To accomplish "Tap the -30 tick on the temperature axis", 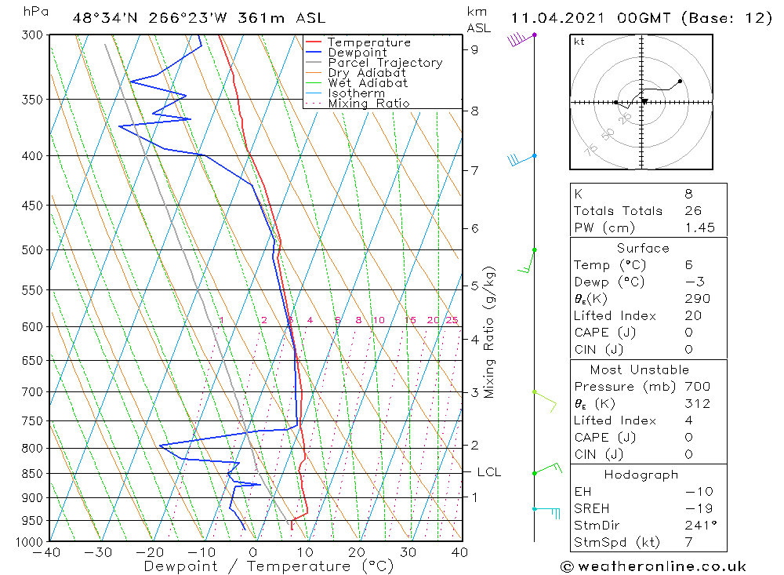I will pyautogui.click(x=100, y=552).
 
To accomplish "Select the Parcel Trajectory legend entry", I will pyautogui.click(x=385, y=63).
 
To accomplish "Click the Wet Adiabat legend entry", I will pyautogui.click(x=368, y=83).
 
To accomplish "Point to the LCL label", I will pyautogui.click(x=488, y=472).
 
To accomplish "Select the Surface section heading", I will pyautogui.click(x=643, y=249).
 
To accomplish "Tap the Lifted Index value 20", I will pyautogui.click(x=693, y=316).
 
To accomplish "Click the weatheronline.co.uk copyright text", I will pyautogui.click(x=653, y=566).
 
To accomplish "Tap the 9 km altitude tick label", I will pyautogui.click(x=475, y=49).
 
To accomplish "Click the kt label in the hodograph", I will pyautogui.click(x=579, y=42).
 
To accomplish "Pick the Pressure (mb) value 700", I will pyautogui.click(x=697, y=387).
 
